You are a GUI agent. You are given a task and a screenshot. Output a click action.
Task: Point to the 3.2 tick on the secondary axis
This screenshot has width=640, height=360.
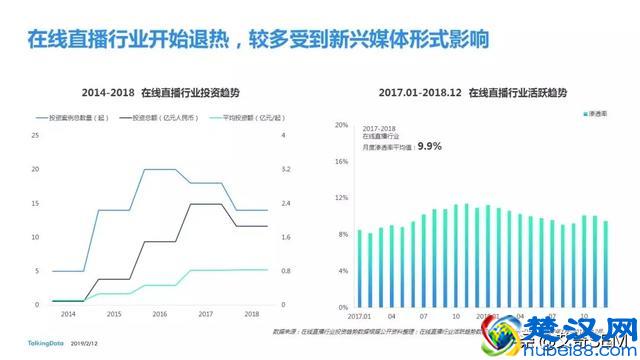coord(287,169)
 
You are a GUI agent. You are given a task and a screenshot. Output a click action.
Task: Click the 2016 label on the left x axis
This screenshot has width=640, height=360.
coord(159,314)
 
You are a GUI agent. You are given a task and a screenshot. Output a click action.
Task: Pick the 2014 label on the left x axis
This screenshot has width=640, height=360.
coord(68,314)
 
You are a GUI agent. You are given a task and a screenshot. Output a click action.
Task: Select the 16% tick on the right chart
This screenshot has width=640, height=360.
coord(341,162)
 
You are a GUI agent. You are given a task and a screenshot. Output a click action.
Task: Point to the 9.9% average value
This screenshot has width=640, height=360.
coord(430,146)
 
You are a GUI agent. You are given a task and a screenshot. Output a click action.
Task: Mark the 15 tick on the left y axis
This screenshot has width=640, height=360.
coord(36,203)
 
